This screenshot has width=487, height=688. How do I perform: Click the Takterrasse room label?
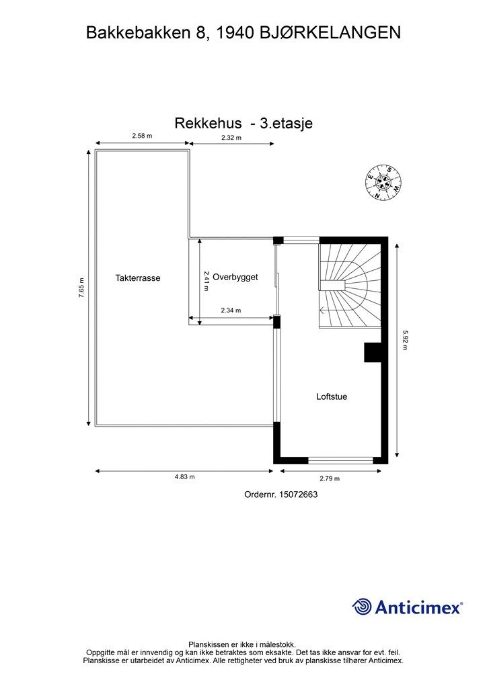coord(138,277)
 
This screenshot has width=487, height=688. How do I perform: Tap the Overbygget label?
coord(235,277)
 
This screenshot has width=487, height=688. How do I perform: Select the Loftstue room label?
coord(332,396)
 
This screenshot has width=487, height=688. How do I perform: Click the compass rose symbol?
coord(383,182)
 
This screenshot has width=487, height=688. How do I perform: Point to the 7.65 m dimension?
coord(81,288)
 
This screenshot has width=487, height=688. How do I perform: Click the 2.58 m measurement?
coord(142,136)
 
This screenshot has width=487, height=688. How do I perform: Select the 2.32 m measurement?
coord(231,138)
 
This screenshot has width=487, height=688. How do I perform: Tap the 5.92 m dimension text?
coord(405,340)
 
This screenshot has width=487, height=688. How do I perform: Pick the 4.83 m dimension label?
coord(184,477)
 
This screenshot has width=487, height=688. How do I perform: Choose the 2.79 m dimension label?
coord(329,478)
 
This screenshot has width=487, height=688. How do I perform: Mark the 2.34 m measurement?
coord(231,310)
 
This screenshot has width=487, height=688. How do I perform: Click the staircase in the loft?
coord(349,284)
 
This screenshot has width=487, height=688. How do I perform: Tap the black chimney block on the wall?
coord(372,352)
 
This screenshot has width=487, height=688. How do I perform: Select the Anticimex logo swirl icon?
coord(362,607)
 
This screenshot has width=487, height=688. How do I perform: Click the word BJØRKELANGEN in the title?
coord(332,32)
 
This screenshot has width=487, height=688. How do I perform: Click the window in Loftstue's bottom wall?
coord(340,460)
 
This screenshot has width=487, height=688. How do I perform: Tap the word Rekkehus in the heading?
coord(208,123)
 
